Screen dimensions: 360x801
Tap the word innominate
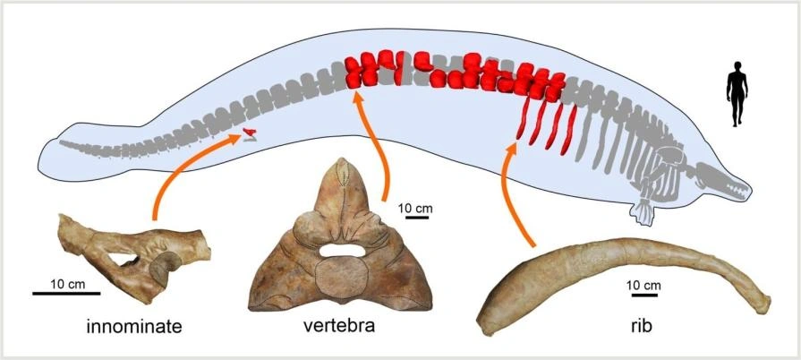[134, 326]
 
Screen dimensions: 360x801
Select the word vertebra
[339, 326]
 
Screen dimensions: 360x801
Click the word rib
[640, 327]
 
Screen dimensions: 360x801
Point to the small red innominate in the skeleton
[250, 135]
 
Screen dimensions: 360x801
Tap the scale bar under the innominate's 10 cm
[59, 293]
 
